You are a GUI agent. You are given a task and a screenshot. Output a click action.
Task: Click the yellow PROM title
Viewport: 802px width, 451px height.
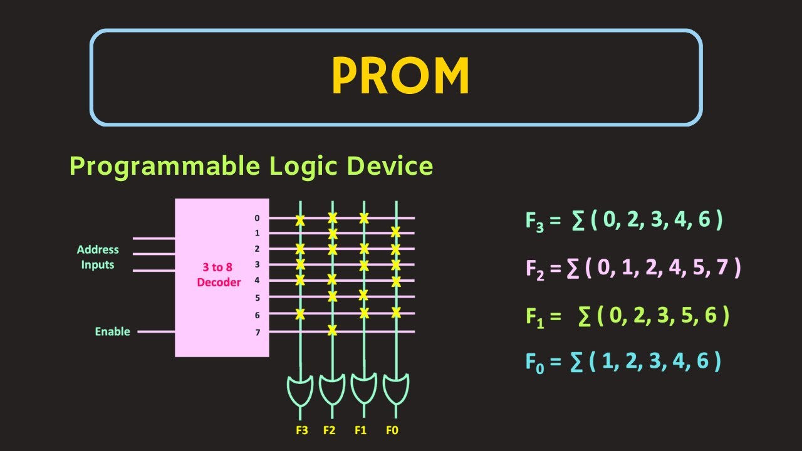(x=400, y=76)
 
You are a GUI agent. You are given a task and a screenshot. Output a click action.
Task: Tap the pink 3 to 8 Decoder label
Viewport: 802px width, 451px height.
(x=219, y=275)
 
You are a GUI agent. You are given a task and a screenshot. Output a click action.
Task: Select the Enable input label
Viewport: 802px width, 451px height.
(x=113, y=331)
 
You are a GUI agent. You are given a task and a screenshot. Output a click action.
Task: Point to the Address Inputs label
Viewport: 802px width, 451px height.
(x=98, y=257)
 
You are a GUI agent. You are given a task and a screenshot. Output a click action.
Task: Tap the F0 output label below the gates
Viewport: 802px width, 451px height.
(x=392, y=430)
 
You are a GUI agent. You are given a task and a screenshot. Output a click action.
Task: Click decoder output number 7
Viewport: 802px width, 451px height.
(x=258, y=332)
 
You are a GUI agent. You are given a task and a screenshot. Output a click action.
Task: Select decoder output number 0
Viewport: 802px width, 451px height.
(x=257, y=218)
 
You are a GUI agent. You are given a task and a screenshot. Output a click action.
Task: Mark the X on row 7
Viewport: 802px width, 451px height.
(x=333, y=330)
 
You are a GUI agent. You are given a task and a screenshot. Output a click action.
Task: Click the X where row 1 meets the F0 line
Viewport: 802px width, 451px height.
(x=395, y=232)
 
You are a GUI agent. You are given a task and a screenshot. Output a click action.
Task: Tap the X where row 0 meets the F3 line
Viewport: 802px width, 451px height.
(x=300, y=220)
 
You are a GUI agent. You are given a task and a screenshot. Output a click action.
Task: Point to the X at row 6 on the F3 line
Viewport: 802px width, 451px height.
(x=300, y=314)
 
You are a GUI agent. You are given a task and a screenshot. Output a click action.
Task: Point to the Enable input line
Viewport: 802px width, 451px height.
(x=156, y=331)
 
